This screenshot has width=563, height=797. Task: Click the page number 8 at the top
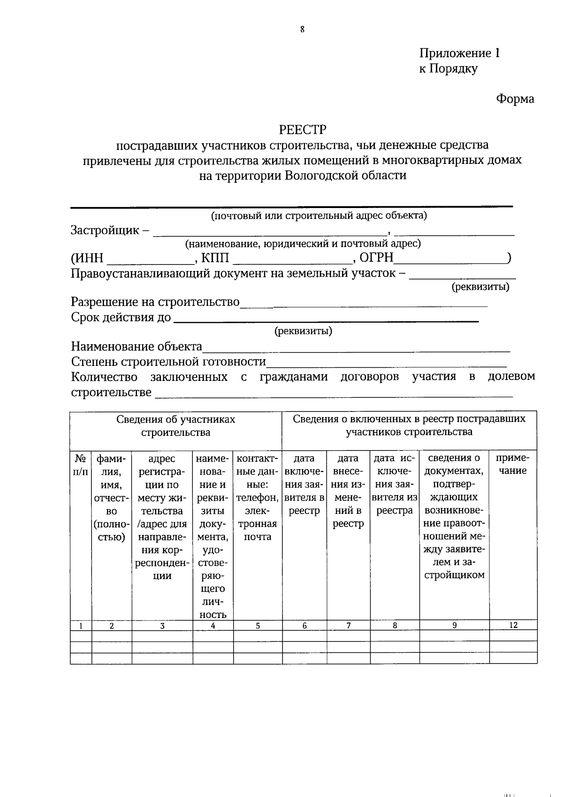[x=302, y=29]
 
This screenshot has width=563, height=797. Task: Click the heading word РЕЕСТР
[x=302, y=129]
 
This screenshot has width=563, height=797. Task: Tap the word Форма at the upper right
[x=515, y=99]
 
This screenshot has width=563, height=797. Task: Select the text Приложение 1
[x=459, y=53]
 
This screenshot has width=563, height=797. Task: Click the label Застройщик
[x=105, y=230]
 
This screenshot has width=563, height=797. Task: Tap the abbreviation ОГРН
[x=376, y=258]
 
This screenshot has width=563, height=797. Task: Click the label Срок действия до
[x=121, y=317]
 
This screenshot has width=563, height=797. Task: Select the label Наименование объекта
[x=137, y=347]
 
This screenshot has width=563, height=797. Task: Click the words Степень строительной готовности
[x=168, y=362]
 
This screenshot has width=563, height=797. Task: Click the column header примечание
[x=513, y=464]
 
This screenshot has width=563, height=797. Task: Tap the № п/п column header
[x=80, y=464]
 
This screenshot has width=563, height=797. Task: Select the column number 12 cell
[x=513, y=625]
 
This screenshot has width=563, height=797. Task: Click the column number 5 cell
[x=258, y=626]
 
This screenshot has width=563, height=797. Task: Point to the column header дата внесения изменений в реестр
[x=348, y=490]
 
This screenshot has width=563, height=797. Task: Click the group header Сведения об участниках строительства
[x=176, y=426]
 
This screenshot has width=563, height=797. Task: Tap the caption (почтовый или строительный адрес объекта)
[x=319, y=216]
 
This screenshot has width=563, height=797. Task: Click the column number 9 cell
[x=454, y=625]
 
